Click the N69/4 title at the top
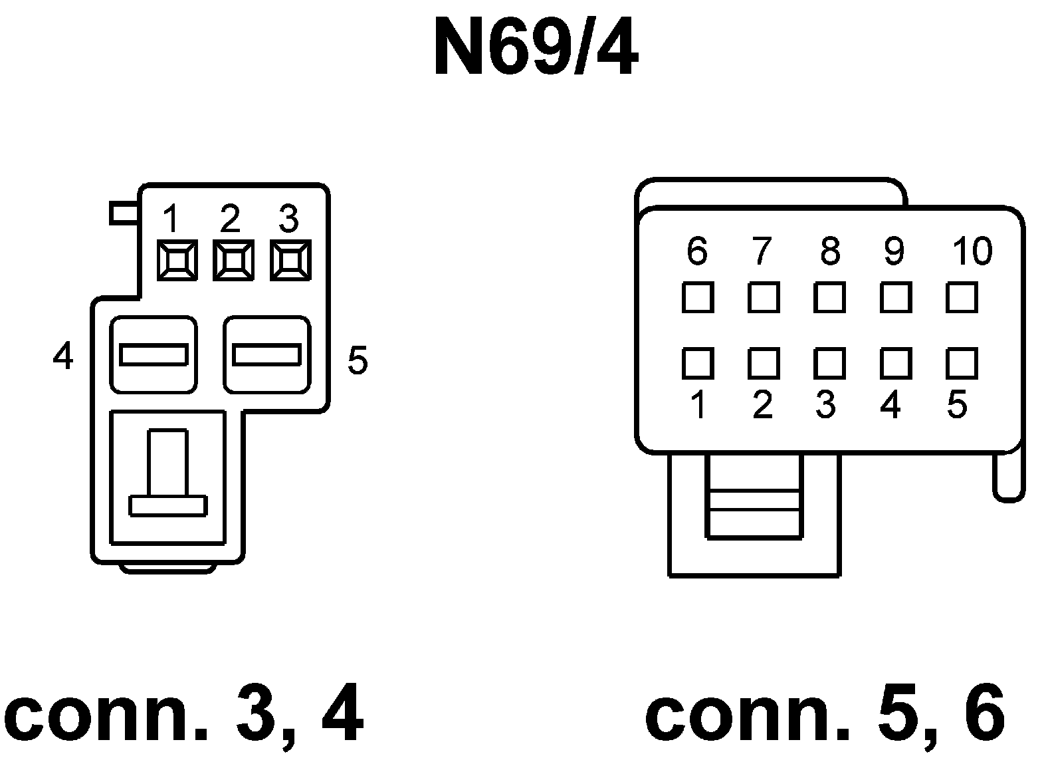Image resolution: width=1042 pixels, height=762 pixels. click(536, 48)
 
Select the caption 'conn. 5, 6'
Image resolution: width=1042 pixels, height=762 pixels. click(825, 717)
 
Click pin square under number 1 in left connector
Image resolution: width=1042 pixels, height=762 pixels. click(177, 259)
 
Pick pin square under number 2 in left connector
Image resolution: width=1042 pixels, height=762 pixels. click(233, 259)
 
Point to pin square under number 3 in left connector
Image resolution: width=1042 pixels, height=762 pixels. click(290, 259)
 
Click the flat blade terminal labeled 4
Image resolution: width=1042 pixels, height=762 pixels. click(153, 354)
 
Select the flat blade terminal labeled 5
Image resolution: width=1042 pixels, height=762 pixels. click(266, 354)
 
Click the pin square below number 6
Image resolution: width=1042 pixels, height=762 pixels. click(698, 297)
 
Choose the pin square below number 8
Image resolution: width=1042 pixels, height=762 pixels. click(829, 297)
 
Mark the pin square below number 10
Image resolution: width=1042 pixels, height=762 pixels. click(962, 297)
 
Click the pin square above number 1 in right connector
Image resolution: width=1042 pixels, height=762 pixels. click(698, 363)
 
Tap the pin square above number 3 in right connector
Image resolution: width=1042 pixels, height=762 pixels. click(829, 363)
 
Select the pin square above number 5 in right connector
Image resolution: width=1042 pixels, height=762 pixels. click(962, 363)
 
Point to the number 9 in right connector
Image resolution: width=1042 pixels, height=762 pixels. click(894, 251)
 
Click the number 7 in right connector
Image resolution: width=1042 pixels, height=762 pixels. click(762, 251)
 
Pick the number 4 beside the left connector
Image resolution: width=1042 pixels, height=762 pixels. click(63, 357)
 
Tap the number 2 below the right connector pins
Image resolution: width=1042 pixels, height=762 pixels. click(763, 405)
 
